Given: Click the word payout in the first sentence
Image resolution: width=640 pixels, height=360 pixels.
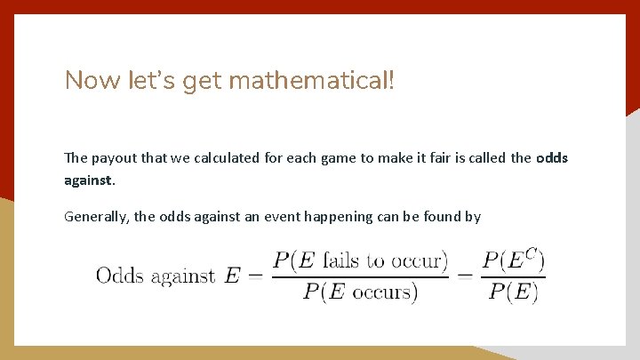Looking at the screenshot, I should tap(112, 158).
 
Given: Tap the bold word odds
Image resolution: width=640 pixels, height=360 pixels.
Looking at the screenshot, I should tap(552, 158).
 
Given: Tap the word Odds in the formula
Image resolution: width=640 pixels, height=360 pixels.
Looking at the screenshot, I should tap(121, 276).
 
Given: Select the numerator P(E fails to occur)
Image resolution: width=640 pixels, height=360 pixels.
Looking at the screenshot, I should tap(359, 260).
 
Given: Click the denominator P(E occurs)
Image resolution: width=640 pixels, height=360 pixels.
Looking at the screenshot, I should tap(359, 292).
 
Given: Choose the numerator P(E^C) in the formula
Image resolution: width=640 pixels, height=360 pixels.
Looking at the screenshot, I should tap(514, 260).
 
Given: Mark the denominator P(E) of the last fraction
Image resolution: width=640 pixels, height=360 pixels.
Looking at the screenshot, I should tap(514, 292).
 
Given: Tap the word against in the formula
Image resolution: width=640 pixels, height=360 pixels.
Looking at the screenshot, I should tap(183, 276).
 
